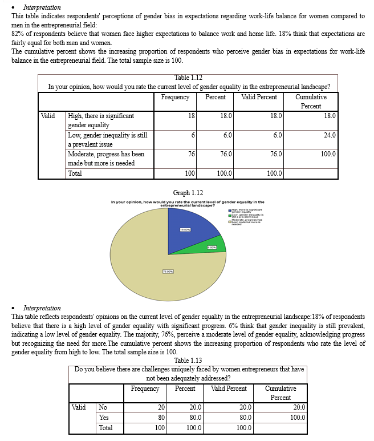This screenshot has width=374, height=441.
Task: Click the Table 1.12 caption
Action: [188, 78]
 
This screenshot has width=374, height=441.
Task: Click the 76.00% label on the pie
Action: [169, 271]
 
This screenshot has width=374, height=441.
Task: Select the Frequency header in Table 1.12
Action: [175, 97]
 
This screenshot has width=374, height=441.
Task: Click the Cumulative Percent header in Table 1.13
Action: [280, 393]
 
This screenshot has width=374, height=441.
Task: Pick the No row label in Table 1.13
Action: [103, 407]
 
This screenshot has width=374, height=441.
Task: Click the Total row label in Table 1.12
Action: [75, 173]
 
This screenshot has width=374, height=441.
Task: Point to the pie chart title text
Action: [188, 204]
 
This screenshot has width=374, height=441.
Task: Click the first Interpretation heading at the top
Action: [42, 7]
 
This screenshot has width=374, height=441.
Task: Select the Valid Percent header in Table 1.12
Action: [259, 97]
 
